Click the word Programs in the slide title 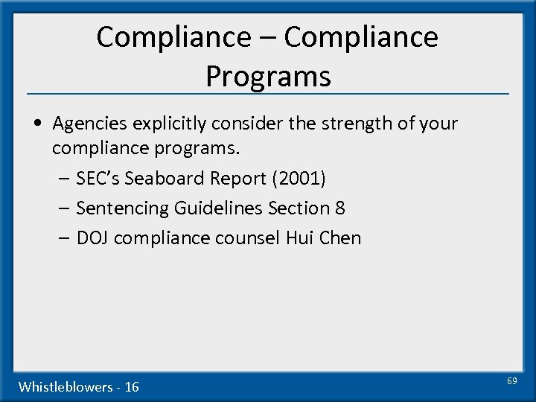click(x=268, y=76)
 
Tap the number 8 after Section click(x=340, y=208)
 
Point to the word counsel click(x=249, y=238)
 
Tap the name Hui click(x=300, y=238)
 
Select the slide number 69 click(x=512, y=381)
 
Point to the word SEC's click(x=99, y=179)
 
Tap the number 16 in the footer click(x=132, y=386)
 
